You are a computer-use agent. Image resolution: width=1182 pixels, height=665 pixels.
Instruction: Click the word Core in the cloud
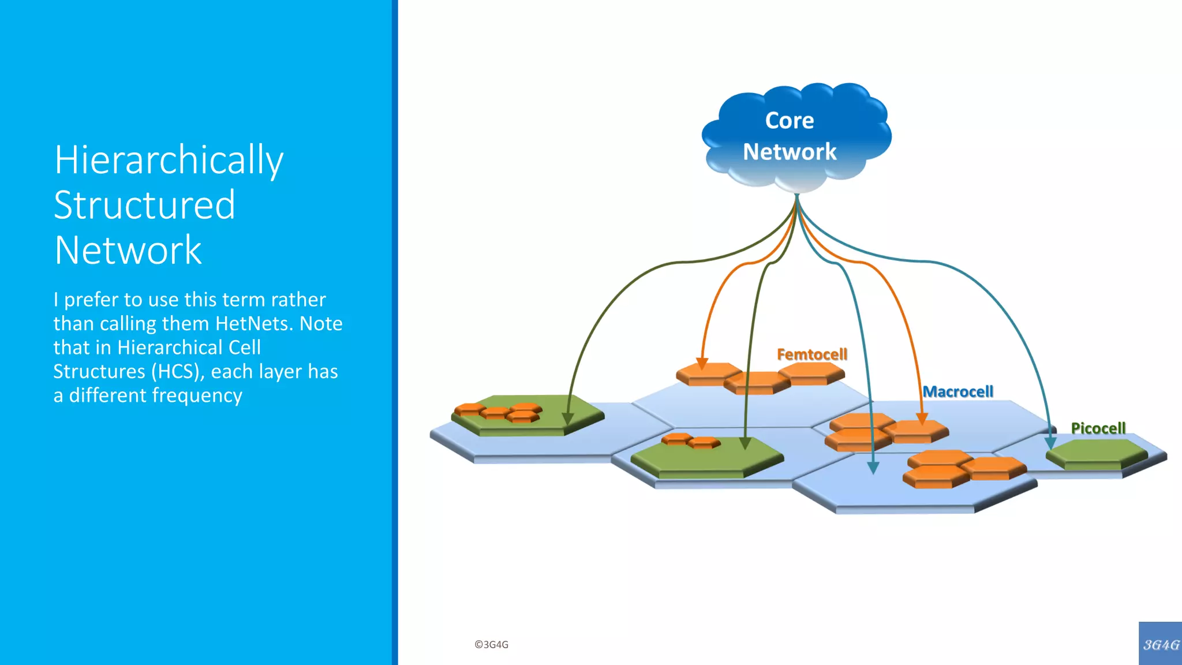click(789, 121)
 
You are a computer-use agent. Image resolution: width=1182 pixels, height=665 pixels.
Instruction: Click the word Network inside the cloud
click(789, 152)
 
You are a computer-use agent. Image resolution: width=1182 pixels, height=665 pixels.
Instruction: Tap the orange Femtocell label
click(811, 354)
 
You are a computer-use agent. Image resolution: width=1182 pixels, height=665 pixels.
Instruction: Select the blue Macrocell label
click(958, 391)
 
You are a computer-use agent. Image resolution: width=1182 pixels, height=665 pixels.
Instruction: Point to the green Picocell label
click(1098, 428)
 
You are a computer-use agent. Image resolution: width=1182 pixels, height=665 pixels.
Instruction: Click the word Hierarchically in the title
click(169, 160)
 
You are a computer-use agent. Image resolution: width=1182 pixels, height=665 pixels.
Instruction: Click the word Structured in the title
click(144, 205)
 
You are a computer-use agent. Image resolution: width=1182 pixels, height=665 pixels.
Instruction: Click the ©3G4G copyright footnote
click(491, 644)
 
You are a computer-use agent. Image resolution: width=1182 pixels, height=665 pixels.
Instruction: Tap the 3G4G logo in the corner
click(1160, 644)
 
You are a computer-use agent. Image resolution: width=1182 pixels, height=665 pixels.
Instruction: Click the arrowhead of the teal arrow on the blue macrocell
click(873, 468)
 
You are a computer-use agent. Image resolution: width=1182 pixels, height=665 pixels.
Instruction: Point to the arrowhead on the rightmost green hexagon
click(1050, 443)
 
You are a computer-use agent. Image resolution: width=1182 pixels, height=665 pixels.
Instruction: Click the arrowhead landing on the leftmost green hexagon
click(568, 419)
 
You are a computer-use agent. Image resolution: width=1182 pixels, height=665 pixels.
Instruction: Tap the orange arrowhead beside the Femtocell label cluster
click(702, 364)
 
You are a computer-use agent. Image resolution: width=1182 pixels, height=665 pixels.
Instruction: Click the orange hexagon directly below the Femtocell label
click(811, 372)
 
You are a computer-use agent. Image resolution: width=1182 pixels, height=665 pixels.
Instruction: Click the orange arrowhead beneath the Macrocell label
click(922, 419)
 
